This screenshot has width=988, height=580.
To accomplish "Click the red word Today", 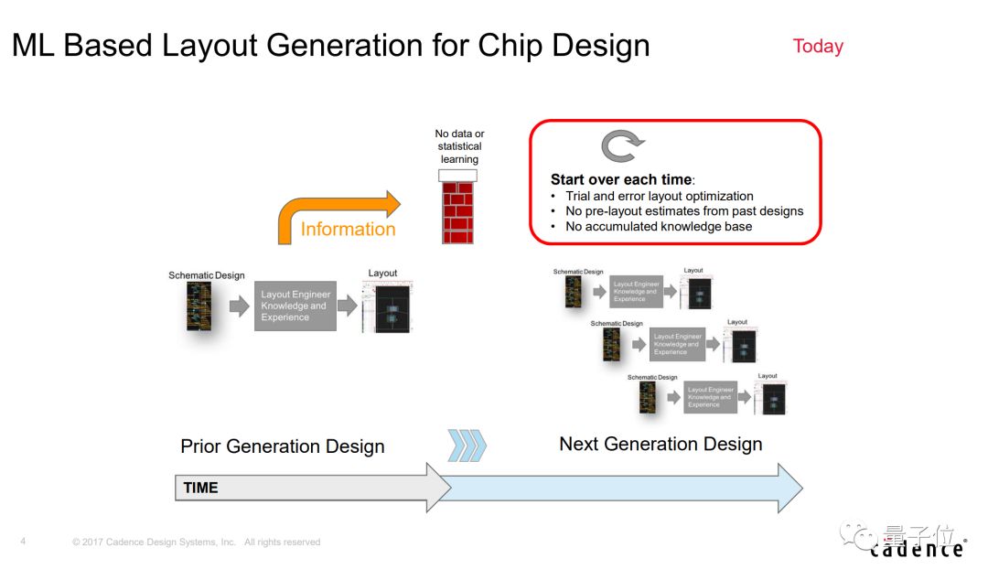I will pos(818,47).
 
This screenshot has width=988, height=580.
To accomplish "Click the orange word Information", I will pos(348,229).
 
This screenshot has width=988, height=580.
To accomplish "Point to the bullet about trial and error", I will pos(659,196).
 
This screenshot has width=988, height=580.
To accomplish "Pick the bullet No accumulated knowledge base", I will pos(658,226).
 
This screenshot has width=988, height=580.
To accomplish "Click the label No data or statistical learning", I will pos(459,146).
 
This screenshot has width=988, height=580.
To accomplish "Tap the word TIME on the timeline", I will pos(200,488).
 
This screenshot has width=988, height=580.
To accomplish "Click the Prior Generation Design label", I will pos(282,446).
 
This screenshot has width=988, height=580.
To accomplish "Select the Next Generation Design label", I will pos(660,444).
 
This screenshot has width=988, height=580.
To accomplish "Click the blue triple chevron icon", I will pos(467,446).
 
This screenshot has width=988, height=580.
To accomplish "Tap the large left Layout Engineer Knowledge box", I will pos(295,306).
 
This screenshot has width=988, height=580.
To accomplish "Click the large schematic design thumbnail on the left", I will pos(199,306).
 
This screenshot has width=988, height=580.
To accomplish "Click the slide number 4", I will pos(23,542).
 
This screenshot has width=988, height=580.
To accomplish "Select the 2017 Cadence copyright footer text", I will pos(196,542).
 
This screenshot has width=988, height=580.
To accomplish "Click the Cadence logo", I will pos(916,549).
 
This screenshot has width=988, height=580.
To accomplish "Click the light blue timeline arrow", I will pos(622,488).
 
